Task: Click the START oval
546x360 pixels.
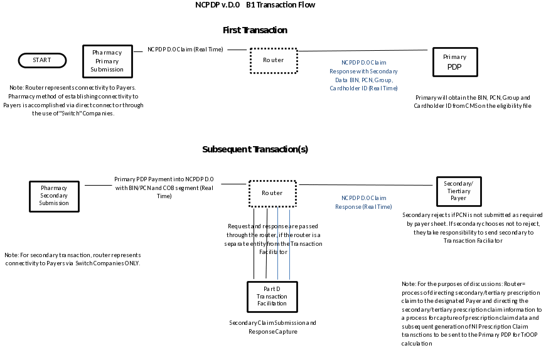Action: [42, 60]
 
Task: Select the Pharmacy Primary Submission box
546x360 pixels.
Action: [107, 61]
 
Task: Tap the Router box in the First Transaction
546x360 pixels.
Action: [273, 60]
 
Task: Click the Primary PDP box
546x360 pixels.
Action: [454, 61]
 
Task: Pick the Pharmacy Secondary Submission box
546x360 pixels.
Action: [54, 196]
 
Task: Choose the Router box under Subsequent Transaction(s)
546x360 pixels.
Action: [272, 193]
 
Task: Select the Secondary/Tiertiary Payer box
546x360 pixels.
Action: [459, 191]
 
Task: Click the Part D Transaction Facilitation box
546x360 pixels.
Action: [272, 296]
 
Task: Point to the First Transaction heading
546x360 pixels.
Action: [255, 30]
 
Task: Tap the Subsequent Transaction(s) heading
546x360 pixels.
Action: [255, 150]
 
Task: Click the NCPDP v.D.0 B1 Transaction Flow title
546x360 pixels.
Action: [255, 5]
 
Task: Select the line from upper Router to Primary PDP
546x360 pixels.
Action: [364, 50]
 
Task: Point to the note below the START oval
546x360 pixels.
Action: [75, 101]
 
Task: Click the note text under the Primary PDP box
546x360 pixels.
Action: [473, 102]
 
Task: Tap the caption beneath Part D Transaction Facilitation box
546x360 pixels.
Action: [272, 327]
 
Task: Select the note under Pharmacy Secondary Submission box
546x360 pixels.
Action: [72, 259]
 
